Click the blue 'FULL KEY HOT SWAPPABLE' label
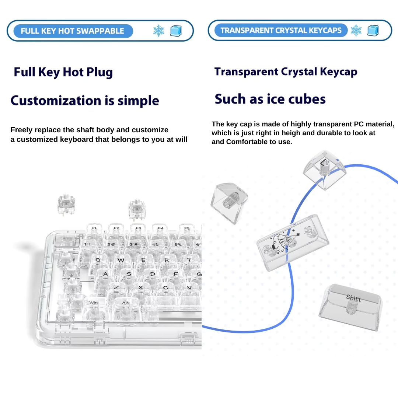coord(73,31)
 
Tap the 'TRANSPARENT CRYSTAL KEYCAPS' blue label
coord(281,31)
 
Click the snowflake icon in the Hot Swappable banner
coord(159,31)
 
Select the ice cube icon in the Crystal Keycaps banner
coord(373,31)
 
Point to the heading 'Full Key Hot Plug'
coord(63,72)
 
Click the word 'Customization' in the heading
coord(56,101)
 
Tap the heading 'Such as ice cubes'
coord(270,99)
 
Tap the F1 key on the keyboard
coord(94,229)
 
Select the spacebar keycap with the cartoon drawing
coord(293,242)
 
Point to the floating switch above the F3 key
coord(137,209)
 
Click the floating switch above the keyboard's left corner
coord(66,204)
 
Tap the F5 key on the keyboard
coord(187,230)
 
